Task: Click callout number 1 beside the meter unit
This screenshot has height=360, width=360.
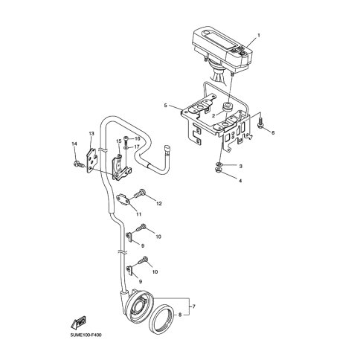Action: [x=259, y=35]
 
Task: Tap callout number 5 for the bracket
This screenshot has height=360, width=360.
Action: [x=166, y=106]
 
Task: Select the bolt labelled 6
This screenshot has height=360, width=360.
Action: [x=260, y=123]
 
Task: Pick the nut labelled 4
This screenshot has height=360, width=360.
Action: [x=218, y=170]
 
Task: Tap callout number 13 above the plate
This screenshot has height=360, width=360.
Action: [x=91, y=134]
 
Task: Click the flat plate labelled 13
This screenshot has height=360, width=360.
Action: [x=91, y=161]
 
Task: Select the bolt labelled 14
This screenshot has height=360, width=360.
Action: [x=77, y=164]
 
